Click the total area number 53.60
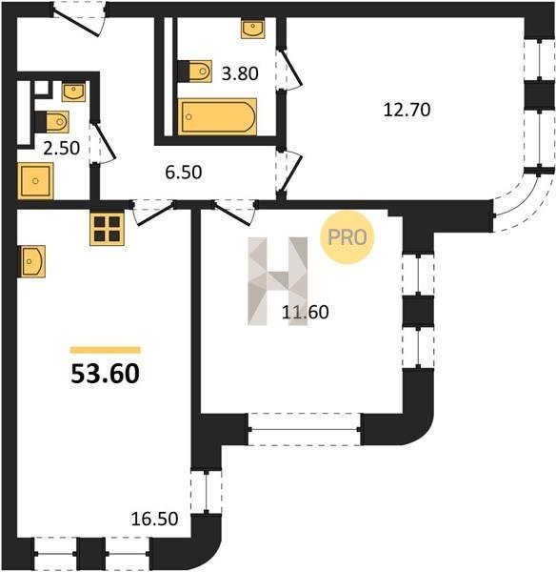pos(105,374)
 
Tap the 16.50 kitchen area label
pos(154,520)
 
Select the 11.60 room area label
pos(306,313)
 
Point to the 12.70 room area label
pos(407,110)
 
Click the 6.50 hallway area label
pos(183,173)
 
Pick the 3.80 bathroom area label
pos(240,73)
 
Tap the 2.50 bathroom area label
pos(61,149)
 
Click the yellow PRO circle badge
pos(347,237)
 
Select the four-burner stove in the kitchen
pos(108,229)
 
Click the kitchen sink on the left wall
pos(31,261)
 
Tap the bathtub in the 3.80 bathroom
pos(217,116)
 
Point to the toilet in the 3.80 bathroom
pos(194,71)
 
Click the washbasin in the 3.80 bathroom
pos(253,29)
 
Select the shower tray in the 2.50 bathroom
pos(35,181)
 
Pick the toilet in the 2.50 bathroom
pos(52,121)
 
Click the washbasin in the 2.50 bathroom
pos(73,92)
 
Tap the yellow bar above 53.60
pos(106,350)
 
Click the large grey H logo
pos(278,281)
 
